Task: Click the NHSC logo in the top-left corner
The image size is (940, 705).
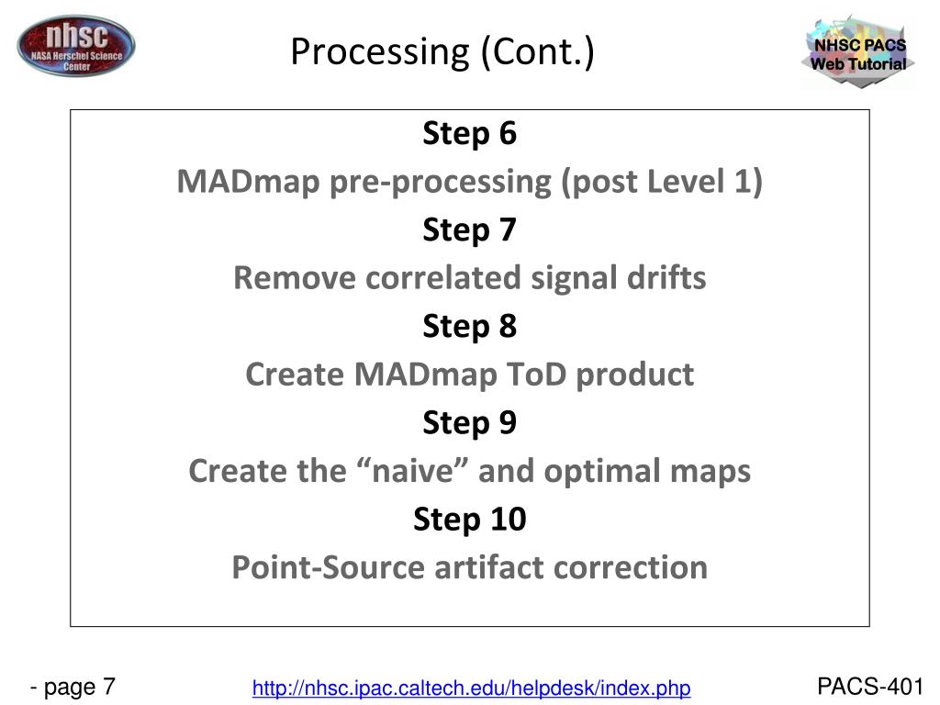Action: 75,46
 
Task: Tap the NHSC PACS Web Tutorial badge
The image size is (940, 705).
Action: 857,52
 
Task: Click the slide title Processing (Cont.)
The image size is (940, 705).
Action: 442,53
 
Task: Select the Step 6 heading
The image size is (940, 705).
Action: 470,134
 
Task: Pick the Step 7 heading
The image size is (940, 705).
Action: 470,229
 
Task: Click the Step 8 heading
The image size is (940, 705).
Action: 470,326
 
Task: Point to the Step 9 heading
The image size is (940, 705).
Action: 470,422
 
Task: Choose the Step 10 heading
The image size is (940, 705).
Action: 470,520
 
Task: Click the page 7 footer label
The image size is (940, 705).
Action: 73,687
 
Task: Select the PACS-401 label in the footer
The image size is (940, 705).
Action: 869,687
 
